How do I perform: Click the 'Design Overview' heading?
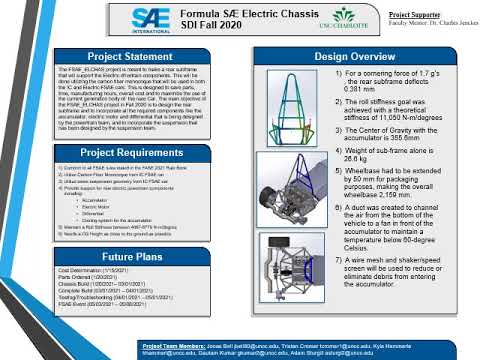pyautogui.click(x=356, y=55)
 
